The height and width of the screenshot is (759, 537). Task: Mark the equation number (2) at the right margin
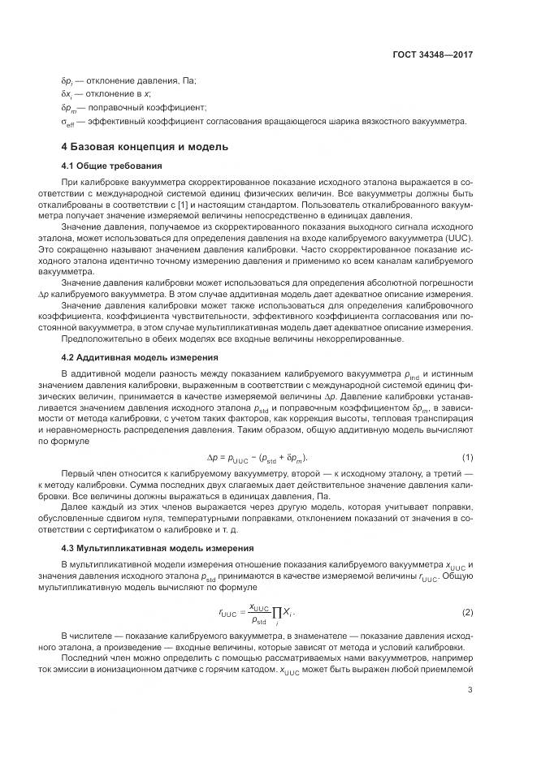[467, 610]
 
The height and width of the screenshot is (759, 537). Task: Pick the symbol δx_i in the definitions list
[67, 94]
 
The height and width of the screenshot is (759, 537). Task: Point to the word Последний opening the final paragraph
[87, 658]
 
